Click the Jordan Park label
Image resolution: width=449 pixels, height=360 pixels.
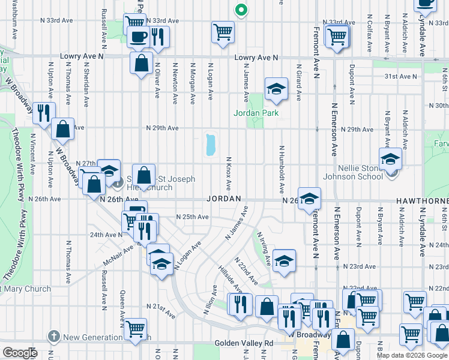coord(256,112)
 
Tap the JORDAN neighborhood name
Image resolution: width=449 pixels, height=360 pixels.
coord(224,199)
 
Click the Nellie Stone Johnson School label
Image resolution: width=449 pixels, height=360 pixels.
coord(353,172)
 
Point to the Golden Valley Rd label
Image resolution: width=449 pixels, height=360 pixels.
coord(244,344)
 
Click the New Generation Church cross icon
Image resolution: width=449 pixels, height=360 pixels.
coord(54,337)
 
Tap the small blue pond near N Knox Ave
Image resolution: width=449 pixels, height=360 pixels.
coord(210,145)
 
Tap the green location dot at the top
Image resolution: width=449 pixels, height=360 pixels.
coord(241,10)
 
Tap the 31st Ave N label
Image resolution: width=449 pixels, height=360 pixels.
coord(400,77)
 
